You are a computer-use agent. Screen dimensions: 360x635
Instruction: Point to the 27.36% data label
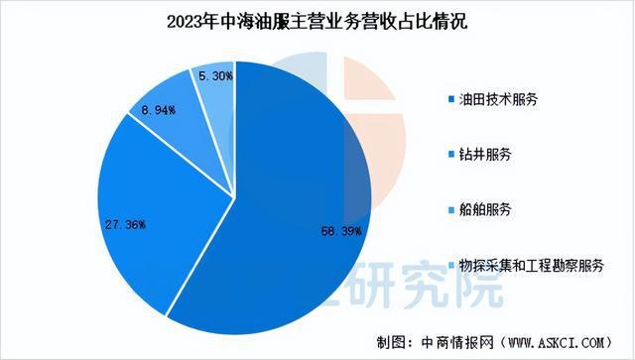coord(125,225)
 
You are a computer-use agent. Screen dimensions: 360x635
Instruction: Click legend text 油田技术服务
coord(494,102)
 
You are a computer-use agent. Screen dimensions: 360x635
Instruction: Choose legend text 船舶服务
coord(480,211)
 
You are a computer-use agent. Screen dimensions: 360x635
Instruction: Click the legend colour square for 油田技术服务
coord(452,102)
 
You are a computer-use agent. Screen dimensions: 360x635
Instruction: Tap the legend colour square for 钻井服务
coord(452,157)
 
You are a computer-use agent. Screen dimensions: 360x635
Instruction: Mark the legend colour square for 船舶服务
coord(452,211)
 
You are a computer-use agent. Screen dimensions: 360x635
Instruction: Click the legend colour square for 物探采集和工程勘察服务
coord(452,266)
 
